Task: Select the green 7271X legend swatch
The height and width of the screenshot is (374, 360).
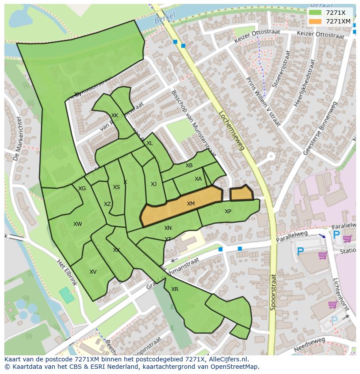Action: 315,13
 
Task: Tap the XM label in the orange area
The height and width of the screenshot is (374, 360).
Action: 191,204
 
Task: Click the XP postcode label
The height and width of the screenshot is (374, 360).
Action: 228,212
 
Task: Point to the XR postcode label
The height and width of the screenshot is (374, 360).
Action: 175,289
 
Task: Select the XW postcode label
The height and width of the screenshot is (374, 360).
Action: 78,224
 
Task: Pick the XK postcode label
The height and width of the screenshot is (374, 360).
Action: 115,116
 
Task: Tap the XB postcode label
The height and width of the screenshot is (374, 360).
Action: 189,165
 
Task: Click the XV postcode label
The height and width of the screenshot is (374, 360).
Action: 93,272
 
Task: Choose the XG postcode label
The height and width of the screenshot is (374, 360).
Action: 82,189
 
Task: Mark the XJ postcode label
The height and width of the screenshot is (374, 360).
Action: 153,184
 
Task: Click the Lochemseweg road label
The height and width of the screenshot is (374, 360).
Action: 232,130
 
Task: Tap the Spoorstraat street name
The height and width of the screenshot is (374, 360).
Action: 273,291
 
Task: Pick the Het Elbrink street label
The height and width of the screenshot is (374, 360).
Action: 67,272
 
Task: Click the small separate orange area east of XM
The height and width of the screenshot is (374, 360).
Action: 241,193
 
